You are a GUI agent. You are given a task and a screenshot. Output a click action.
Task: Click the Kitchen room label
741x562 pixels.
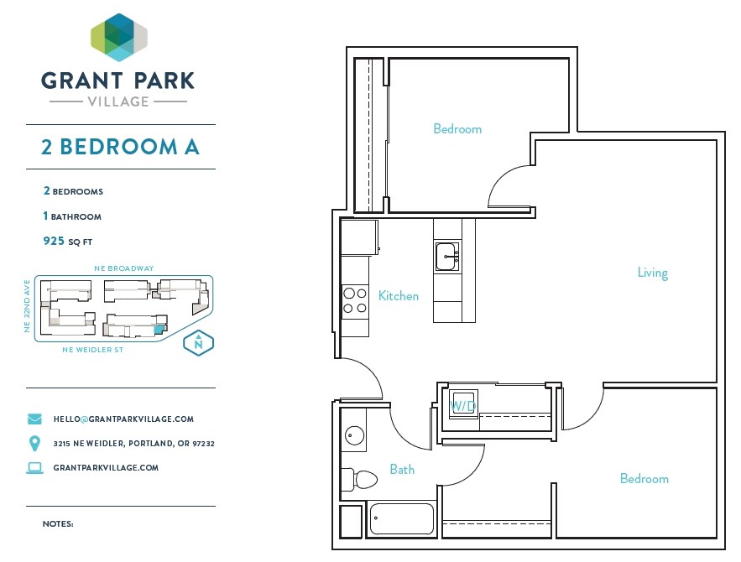[x=399, y=296]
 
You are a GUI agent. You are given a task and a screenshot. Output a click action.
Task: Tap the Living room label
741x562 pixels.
[x=653, y=273]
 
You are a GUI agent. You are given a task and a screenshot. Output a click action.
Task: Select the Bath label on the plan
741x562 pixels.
[x=402, y=470]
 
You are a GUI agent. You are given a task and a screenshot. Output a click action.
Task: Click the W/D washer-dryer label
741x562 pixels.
[x=462, y=406]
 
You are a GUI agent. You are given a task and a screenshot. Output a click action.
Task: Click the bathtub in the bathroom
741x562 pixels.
[x=401, y=519]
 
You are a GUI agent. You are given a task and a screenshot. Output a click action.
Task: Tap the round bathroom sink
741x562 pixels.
[x=354, y=435]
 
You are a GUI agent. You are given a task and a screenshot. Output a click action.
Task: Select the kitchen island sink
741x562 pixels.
[x=446, y=256]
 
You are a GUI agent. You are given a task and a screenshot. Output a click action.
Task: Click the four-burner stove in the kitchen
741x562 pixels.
[x=355, y=301]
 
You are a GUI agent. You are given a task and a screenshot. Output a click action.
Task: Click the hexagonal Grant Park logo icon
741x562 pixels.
[x=119, y=38]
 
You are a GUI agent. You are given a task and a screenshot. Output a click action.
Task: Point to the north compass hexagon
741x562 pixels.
[x=199, y=342]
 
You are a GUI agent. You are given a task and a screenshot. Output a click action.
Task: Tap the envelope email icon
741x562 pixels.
[x=34, y=419]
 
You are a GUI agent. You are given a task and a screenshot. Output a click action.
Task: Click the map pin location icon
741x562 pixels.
[x=34, y=443]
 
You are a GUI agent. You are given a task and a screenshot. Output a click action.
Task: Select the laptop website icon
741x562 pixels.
[x=35, y=468]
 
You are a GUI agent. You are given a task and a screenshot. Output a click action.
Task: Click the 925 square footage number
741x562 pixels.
[x=54, y=241]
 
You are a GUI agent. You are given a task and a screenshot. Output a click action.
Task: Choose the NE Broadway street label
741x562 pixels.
[x=124, y=268]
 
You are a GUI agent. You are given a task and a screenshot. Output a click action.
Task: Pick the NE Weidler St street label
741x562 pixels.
[x=92, y=350]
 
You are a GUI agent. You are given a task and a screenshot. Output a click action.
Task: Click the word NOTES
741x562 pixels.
[x=58, y=523]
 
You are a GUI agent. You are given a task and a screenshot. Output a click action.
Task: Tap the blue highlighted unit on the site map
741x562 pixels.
[x=160, y=329]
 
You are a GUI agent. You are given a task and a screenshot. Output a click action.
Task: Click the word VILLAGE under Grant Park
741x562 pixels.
[x=118, y=101]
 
